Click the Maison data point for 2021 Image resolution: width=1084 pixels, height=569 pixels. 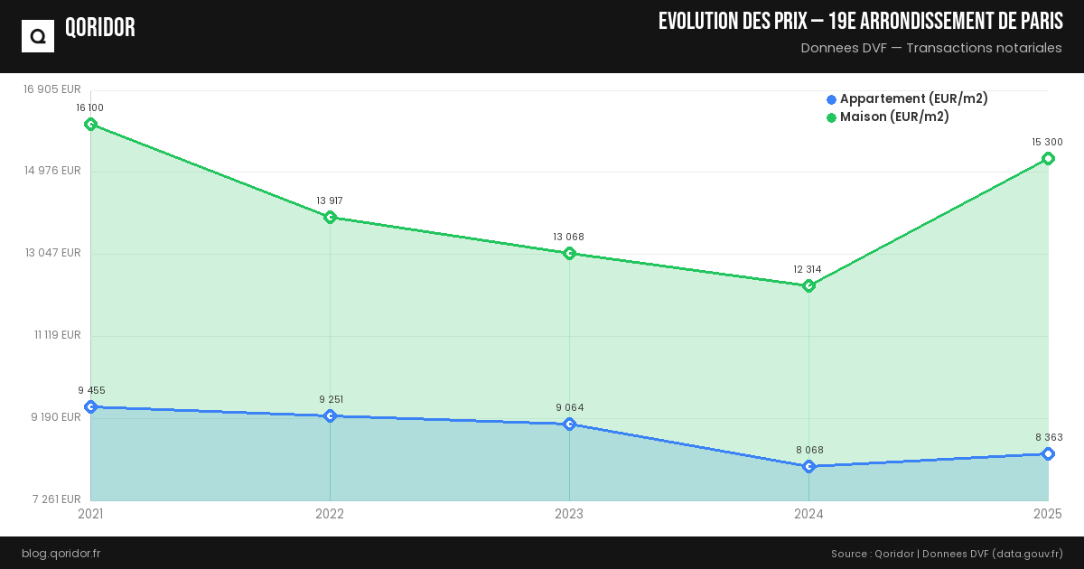(x=90, y=124)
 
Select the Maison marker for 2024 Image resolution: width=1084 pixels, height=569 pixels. (x=808, y=285)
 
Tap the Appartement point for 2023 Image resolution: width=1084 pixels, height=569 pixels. (x=569, y=424)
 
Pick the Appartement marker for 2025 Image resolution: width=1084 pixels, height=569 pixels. (x=1048, y=453)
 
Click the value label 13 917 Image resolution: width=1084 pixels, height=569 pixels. (x=330, y=201)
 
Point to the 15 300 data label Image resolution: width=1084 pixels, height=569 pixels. (x=1047, y=142)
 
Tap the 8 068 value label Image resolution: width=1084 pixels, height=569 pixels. (x=809, y=450)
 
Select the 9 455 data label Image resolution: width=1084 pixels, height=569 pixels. (x=91, y=391)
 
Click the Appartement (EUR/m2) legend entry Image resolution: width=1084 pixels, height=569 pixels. (x=907, y=99)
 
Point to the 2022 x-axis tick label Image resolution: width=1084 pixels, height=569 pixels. (x=330, y=514)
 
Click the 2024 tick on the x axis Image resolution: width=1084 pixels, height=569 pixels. (x=808, y=514)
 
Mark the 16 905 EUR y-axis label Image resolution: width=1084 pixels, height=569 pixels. (x=52, y=89)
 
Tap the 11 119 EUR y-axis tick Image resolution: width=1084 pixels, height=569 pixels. (x=58, y=335)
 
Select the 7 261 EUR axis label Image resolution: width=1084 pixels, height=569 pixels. (x=56, y=499)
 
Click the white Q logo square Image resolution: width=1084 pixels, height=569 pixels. (x=38, y=36)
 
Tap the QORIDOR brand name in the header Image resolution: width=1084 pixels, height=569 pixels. (x=100, y=28)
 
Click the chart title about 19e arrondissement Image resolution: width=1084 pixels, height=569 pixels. (x=860, y=22)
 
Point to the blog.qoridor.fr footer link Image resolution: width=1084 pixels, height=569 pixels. (x=61, y=553)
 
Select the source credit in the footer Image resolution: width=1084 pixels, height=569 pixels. (x=947, y=553)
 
